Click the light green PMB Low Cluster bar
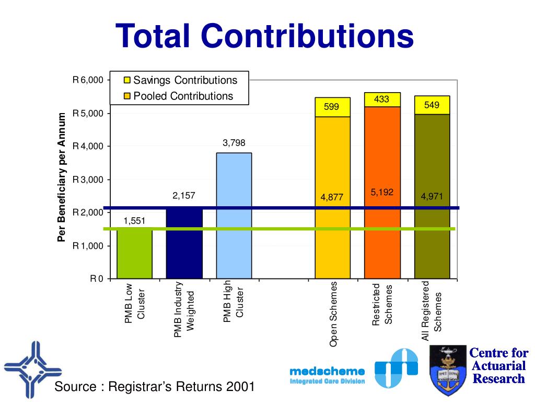(134, 254)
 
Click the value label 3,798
(234, 142)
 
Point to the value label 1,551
(134, 221)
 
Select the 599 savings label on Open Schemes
(332, 107)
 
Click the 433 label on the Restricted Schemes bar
(382, 99)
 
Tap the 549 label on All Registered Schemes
(432, 105)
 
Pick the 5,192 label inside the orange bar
(382, 192)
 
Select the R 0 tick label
(97, 278)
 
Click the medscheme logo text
(327, 371)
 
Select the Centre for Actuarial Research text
(498, 365)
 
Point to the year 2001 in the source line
(241, 387)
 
